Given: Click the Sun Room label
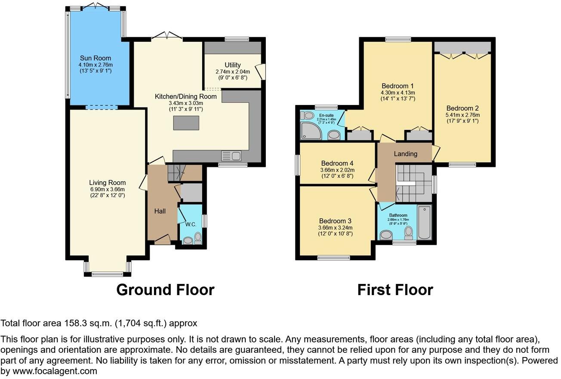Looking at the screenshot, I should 95,58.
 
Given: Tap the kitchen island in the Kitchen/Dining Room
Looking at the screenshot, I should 186,123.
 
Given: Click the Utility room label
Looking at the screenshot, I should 232,65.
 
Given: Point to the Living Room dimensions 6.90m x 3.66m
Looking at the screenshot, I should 107,189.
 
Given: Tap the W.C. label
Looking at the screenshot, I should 191,224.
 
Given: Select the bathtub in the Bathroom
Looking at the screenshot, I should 424,222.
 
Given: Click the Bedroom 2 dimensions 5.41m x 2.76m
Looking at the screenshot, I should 462,115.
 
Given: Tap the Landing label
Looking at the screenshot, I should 405,154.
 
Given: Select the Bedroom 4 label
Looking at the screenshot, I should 337,163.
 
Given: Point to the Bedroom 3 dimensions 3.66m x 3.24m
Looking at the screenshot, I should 335,228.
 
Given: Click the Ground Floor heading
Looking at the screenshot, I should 165,290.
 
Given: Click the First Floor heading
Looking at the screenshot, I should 395,290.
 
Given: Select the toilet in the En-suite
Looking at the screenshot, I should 308,115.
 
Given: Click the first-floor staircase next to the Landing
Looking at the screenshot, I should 411,182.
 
